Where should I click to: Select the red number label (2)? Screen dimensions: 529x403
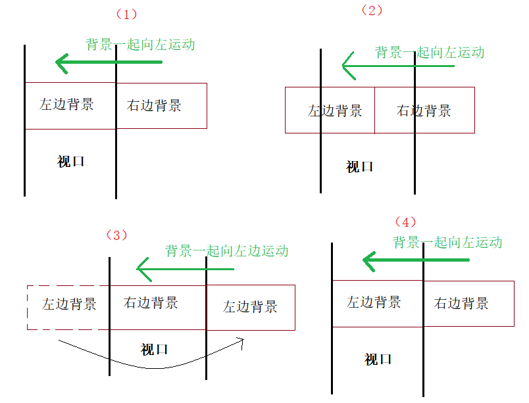click(x=372, y=11)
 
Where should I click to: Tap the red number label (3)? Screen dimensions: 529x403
click(x=116, y=235)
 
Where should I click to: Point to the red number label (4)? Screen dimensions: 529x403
click(x=405, y=222)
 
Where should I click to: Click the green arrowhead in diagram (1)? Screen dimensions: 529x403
click(x=63, y=63)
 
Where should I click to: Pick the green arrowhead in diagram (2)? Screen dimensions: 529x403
click(x=349, y=66)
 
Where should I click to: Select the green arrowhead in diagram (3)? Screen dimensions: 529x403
click(x=143, y=268)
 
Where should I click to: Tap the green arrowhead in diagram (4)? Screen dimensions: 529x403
click(x=370, y=261)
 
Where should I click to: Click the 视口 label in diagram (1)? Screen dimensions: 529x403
click(x=70, y=161)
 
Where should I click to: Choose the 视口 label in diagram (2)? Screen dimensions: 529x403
click(x=359, y=166)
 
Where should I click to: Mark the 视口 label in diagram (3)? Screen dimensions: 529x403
click(x=154, y=349)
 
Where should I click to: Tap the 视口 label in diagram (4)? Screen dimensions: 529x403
click(x=378, y=359)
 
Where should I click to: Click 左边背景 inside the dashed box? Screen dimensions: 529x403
click(x=69, y=304)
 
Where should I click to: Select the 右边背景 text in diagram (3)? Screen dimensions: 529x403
click(x=151, y=303)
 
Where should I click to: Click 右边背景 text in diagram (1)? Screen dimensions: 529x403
click(x=154, y=105)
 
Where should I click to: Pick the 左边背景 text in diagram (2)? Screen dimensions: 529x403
click(x=335, y=110)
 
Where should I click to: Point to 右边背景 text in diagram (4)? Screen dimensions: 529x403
click(x=461, y=303)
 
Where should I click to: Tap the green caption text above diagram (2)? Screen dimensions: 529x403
click(x=430, y=53)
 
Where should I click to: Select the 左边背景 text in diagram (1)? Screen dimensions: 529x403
click(x=66, y=104)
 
